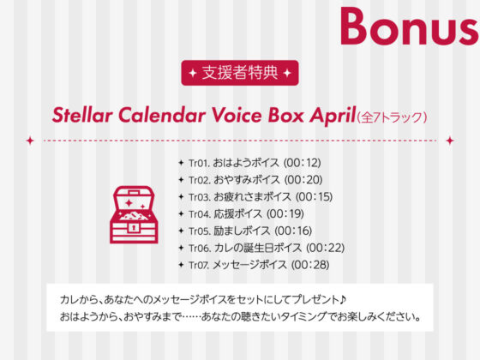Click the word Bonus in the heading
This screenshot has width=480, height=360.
[x=408, y=26]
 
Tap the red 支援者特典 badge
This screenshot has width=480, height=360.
[x=240, y=73]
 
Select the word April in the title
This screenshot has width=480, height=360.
[x=327, y=115]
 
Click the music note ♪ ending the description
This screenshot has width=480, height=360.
[x=342, y=300]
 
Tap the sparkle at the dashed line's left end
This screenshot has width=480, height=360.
[x=30, y=139]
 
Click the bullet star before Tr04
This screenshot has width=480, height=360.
[x=181, y=213]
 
